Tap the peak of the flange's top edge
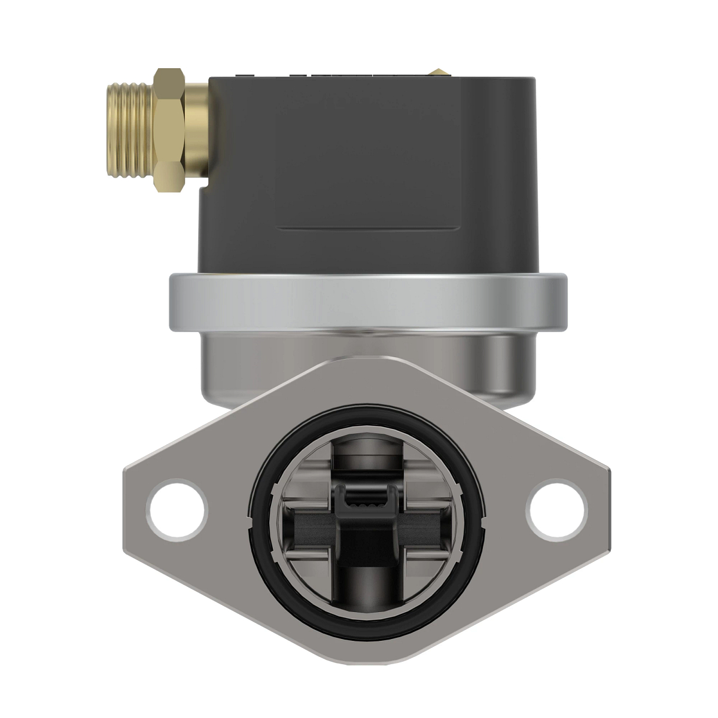(366, 358)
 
